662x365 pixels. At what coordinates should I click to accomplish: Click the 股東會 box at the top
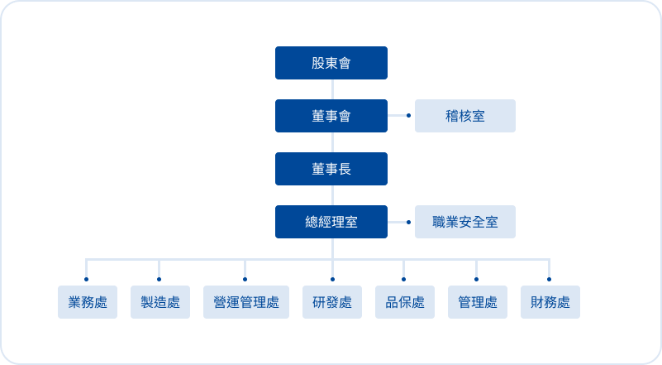point(331,63)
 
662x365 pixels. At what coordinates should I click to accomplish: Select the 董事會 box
point(331,116)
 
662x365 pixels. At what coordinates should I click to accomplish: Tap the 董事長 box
point(331,169)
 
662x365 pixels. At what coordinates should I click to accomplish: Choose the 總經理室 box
point(331,222)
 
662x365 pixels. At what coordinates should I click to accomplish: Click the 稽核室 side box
point(464,116)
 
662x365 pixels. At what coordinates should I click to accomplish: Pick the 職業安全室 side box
point(464,222)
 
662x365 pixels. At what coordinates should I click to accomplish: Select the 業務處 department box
point(87,302)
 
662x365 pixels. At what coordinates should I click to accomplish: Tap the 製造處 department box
point(160,302)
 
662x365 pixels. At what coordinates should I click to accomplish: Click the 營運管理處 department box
point(245,302)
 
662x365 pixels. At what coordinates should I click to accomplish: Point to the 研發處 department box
point(331,302)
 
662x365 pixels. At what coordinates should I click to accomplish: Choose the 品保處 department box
point(404,302)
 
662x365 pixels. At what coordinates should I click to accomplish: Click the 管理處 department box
point(477,302)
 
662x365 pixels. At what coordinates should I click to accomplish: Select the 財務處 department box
point(550,302)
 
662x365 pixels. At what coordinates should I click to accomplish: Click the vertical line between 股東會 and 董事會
point(331,89)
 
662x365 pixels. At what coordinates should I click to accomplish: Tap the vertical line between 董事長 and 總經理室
point(331,195)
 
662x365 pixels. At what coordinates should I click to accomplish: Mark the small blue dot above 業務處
point(87,279)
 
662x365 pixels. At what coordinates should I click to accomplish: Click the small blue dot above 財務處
point(549,279)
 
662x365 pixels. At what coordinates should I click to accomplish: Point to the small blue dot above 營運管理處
point(245,279)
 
